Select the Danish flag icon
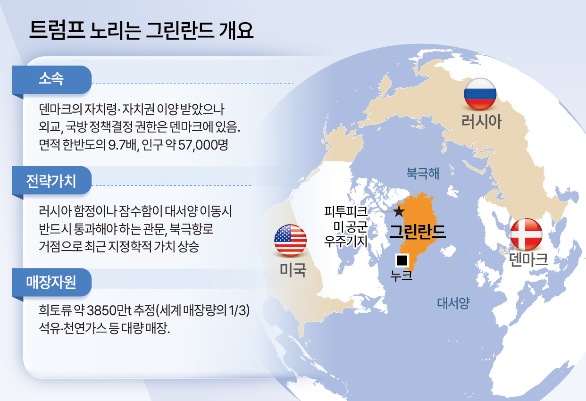(x=527, y=234)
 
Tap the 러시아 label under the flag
(x=481, y=122)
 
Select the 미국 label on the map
(x=293, y=270)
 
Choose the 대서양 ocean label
(x=453, y=303)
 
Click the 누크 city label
(x=402, y=275)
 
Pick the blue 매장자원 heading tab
(x=52, y=282)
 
